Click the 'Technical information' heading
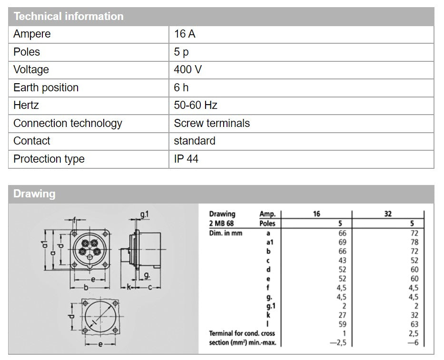click(x=69, y=16)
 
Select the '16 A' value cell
click(x=185, y=34)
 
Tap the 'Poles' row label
click(x=27, y=52)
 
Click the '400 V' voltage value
click(x=187, y=70)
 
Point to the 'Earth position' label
click(x=46, y=88)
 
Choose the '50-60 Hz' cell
click(x=196, y=106)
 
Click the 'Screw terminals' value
click(x=212, y=123)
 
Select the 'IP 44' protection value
click(x=186, y=159)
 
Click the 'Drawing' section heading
click(x=34, y=194)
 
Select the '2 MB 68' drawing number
click(x=221, y=224)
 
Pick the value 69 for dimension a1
click(x=342, y=243)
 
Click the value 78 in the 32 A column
click(x=414, y=243)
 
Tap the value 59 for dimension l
click(x=342, y=324)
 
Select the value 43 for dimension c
click(x=342, y=261)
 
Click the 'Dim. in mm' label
click(x=226, y=233)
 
